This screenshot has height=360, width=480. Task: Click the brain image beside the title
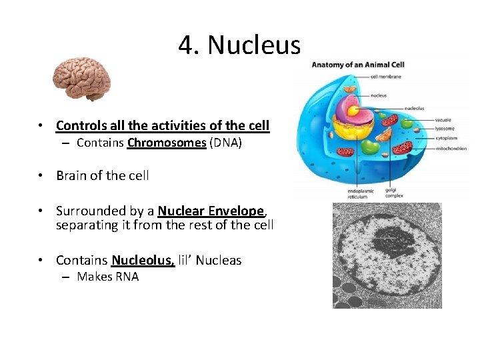pyautogui.click(x=81, y=78)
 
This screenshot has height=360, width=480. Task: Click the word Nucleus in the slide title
pyautogui.click(x=254, y=45)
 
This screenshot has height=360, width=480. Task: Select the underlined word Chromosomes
pyautogui.click(x=167, y=143)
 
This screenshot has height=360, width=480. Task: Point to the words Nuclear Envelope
pyautogui.click(x=211, y=211)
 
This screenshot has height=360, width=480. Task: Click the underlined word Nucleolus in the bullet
pyautogui.click(x=143, y=260)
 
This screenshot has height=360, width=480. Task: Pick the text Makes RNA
pyautogui.click(x=107, y=277)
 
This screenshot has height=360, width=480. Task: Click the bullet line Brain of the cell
pyautogui.click(x=103, y=176)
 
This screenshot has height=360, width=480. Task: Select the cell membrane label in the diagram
pyautogui.click(x=385, y=77)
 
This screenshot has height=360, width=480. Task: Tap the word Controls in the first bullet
pyautogui.click(x=78, y=125)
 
